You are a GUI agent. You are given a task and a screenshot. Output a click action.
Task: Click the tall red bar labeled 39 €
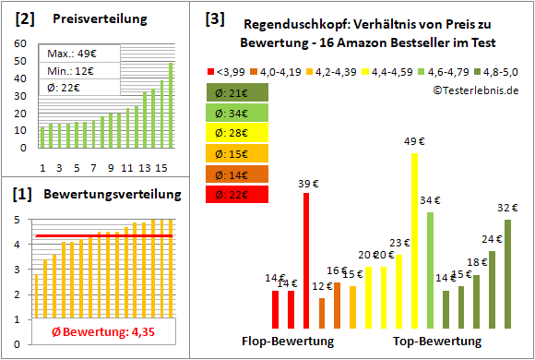tap(306, 260)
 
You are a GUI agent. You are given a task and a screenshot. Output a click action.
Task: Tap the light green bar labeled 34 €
tap(430, 270)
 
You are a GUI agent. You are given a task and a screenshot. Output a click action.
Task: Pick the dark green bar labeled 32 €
tap(507, 273)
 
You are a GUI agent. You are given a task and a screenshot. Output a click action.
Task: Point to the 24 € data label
tap(491, 240)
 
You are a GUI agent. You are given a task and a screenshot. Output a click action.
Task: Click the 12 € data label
tap(322, 287)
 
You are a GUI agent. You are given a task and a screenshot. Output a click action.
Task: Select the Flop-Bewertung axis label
tap(288, 342)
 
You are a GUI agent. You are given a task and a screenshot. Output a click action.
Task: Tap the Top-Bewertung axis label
tap(437, 342)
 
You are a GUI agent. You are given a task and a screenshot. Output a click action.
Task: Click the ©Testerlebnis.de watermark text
tap(474, 90)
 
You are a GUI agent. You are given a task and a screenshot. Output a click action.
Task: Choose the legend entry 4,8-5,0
tap(500, 69)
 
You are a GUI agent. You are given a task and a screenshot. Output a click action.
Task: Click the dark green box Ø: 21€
tap(238, 93)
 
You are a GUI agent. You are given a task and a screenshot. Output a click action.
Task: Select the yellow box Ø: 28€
tap(238, 134)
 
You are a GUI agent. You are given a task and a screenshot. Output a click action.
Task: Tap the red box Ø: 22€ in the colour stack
tap(238, 194)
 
